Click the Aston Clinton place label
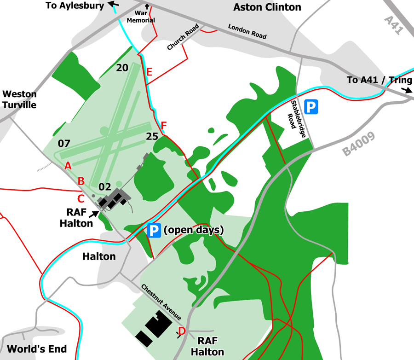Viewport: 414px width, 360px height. [x=267, y=7]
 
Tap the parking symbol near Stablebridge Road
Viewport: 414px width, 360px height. [x=312, y=108]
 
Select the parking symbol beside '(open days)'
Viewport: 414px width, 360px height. [x=155, y=230]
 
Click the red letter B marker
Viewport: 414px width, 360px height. [x=81, y=181]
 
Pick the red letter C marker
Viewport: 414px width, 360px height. [x=80, y=198]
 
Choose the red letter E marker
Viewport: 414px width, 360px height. [x=149, y=72]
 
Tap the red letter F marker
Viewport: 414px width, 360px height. [x=164, y=125]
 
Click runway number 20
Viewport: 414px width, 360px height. [x=122, y=68]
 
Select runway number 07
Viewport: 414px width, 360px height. [x=64, y=143]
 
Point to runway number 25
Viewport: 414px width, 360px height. [x=152, y=136]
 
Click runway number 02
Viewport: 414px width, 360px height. [x=105, y=187]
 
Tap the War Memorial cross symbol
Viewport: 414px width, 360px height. [x=148, y=7]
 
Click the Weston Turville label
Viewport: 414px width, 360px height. [x=19, y=99]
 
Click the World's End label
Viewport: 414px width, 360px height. [x=37, y=348]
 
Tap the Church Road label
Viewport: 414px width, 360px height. [x=183, y=38]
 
